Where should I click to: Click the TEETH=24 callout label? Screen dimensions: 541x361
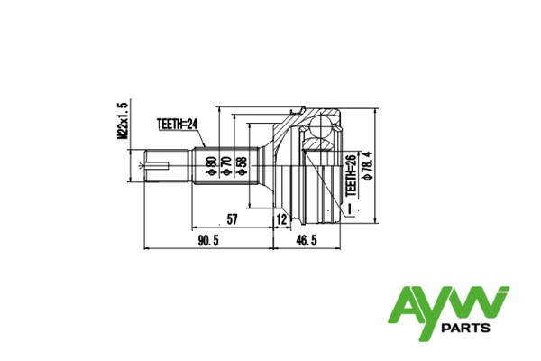178,125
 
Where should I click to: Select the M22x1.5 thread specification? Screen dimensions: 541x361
123,121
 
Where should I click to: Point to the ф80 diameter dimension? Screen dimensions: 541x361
211,166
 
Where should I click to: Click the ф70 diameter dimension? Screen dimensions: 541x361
226,166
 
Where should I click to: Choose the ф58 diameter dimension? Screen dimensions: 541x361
243,166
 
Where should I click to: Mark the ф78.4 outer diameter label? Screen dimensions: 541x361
367,166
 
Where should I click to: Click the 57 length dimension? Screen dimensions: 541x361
232,219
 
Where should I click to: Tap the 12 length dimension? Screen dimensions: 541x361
282,219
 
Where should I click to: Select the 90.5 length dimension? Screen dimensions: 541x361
208,240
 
